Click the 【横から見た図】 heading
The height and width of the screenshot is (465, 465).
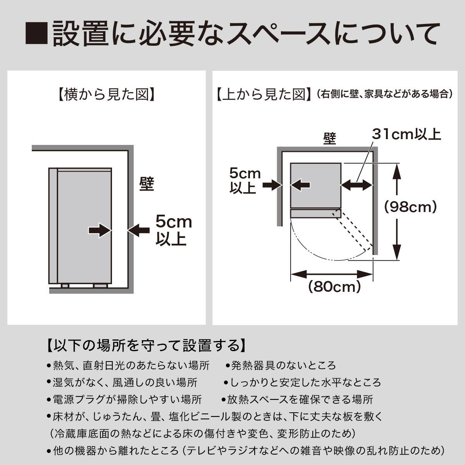[106, 94]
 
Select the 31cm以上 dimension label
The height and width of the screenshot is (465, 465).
[406, 134]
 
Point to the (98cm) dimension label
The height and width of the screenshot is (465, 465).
[410, 207]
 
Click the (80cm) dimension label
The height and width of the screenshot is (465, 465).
[334, 287]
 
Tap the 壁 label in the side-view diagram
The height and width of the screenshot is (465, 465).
[147, 184]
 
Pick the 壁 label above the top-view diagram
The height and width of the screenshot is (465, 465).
[329, 139]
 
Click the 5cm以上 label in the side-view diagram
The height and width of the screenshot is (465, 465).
[174, 230]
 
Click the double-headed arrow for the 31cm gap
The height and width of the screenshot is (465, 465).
[357, 185]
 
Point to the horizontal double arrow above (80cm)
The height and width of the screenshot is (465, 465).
[332, 274]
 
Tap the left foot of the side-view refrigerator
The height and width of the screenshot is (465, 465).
[65, 286]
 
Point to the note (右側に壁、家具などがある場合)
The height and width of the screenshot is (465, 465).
[385, 94]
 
